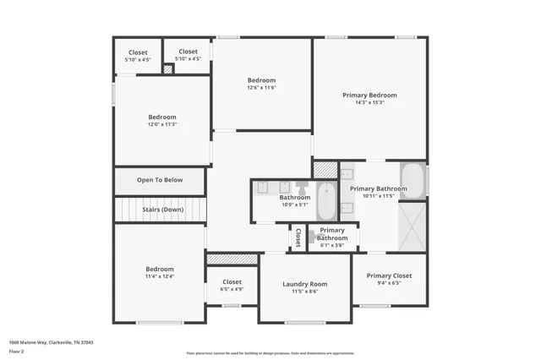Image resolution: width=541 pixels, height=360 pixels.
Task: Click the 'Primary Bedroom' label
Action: click(369, 95)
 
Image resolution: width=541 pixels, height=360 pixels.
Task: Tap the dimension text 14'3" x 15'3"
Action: click(369, 103)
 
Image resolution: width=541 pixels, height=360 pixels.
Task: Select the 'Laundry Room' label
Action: click(304, 284)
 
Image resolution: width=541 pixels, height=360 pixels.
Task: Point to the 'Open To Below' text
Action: click(160, 180)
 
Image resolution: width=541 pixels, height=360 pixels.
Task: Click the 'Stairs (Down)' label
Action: click(160, 210)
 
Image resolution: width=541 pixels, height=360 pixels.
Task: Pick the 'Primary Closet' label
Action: click(390, 275)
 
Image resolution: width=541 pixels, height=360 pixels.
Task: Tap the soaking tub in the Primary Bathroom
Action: click(413, 180)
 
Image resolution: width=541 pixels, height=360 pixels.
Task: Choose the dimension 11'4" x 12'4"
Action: click(159, 276)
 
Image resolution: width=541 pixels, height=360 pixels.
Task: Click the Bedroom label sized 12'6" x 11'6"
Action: click(261, 80)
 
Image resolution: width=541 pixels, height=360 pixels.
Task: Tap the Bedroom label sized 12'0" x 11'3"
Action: click(162, 117)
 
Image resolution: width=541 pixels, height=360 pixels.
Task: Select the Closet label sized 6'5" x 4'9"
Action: click(232, 281)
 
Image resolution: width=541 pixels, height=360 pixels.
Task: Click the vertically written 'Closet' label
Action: click(298, 237)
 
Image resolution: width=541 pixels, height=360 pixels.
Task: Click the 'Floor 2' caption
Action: click(16, 351)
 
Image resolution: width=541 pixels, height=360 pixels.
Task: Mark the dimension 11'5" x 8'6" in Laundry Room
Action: click(304, 292)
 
